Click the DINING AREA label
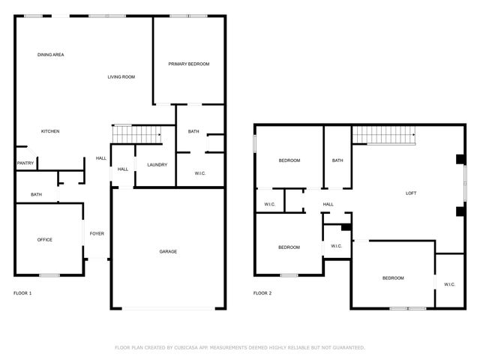pos(51,55)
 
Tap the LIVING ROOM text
pos(121,76)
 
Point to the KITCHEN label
pos(50,131)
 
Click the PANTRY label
pos(25,163)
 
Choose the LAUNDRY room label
pos(157,165)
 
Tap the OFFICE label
pos(45,239)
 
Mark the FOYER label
pos(97,233)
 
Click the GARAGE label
pos(168,251)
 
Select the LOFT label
pos(411,193)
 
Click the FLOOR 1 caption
pos(22,292)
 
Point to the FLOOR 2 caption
pos(262,292)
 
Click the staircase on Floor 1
pos(136,133)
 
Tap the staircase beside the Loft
pos(384,135)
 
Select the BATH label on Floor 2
pos(337,160)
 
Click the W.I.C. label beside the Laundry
pos(200,173)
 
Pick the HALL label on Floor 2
pos(328,204)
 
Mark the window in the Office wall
pos(49,275)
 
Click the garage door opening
pos(168,308)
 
